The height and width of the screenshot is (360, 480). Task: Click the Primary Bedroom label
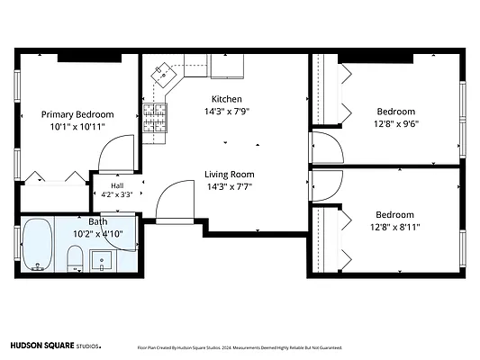(x=77, y=114)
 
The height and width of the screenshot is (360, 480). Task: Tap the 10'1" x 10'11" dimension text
(x=77, y=127)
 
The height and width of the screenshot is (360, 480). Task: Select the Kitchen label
(x=227, y=99)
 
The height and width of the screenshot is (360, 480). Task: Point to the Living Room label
(x=230, y=175)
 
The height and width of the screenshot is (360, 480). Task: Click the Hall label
(x=117, y=185)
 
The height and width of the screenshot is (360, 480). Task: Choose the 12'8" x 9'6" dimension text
(x=396, y=124)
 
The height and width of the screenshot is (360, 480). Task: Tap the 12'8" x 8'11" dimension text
(x=395, y=228)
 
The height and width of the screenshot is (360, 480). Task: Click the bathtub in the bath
(x=38, y=245)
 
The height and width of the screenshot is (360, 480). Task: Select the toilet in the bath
(x=75, y=258)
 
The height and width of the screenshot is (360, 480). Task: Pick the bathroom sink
(x=102, y=261)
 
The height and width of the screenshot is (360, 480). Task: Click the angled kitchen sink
(x=164, y=76)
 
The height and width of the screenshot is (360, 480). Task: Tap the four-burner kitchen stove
(x=155, y=118)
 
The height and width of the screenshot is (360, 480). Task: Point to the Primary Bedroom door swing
(x=116, y=154)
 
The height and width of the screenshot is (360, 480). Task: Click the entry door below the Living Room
(x=175, y=201)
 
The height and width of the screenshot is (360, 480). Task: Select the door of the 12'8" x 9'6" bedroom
(x=326, y=148)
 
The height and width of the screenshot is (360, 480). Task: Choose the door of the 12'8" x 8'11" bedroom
(x=326, y=185)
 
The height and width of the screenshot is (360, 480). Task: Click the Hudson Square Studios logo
(x=56, y=346)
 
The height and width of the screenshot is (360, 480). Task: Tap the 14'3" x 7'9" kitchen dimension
(x=227, y=111)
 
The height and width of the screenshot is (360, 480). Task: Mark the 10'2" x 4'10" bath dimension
(x=98, y=234)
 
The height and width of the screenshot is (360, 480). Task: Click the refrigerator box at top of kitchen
(x=227, y=67)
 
